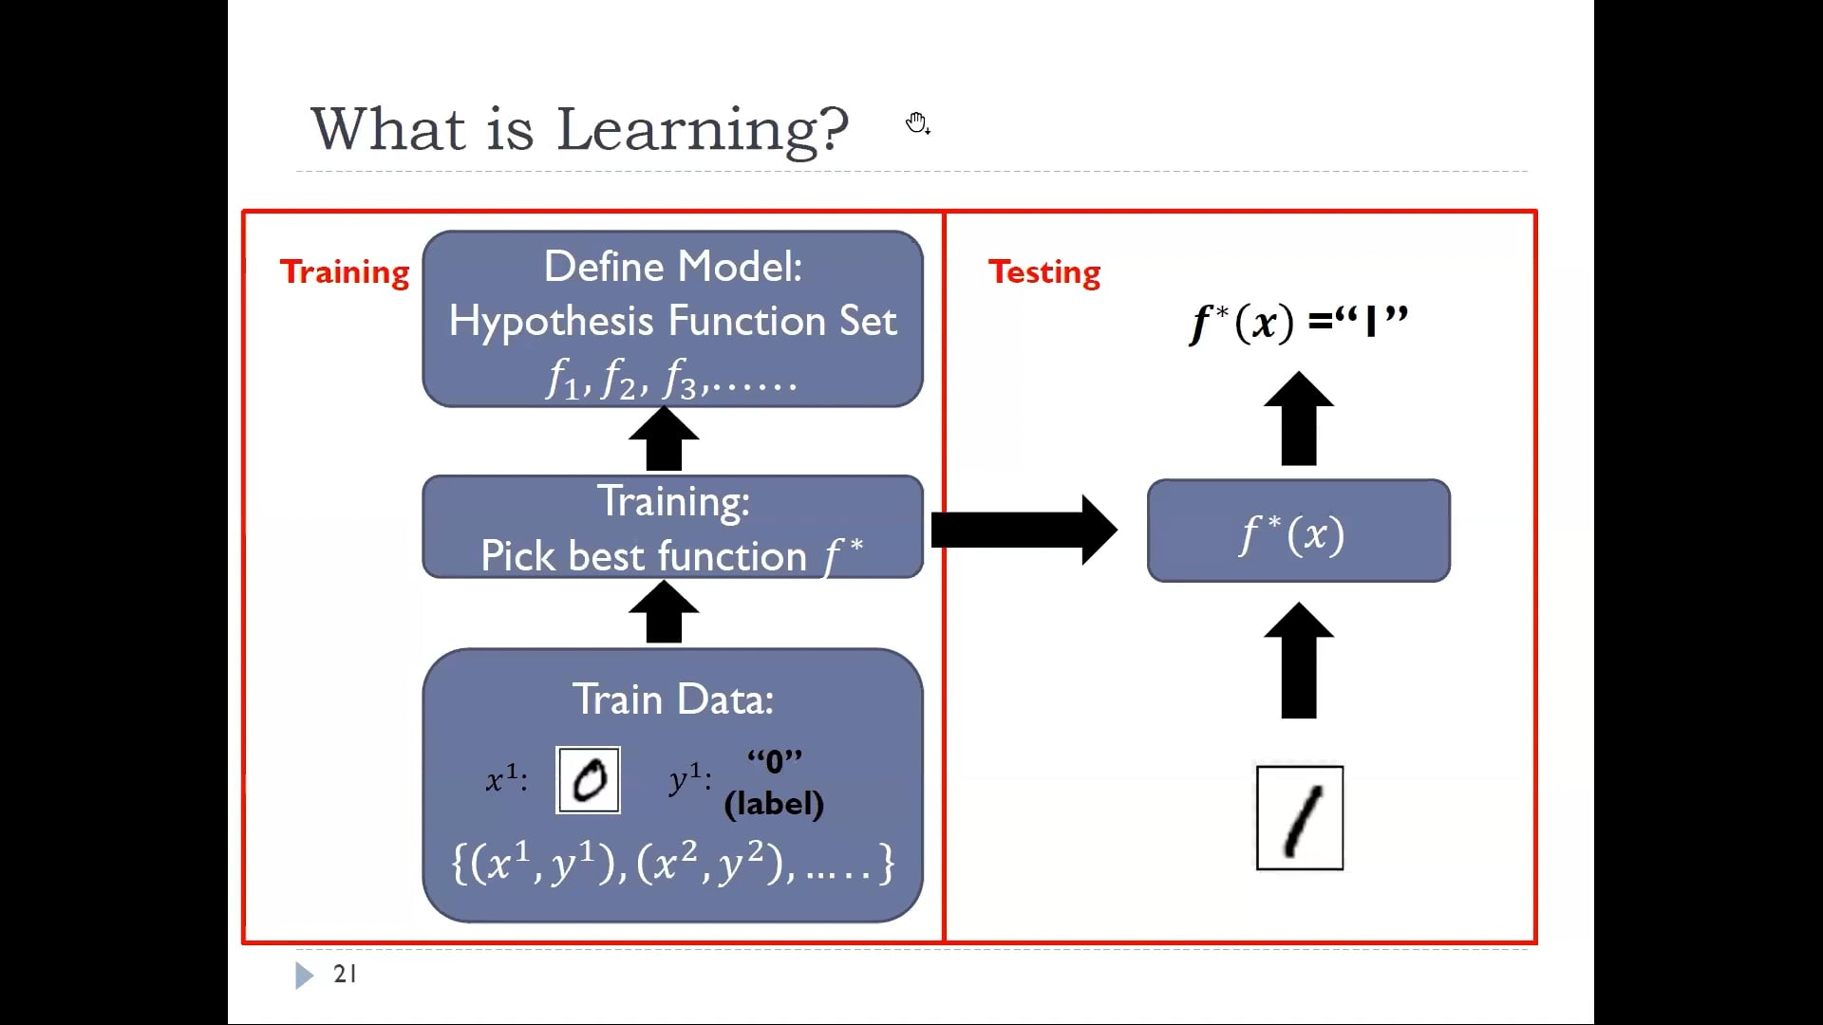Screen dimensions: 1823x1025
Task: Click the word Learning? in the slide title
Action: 702,130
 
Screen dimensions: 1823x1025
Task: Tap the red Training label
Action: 345,272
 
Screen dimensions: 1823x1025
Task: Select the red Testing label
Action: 1044,272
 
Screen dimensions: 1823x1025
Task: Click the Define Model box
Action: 672,319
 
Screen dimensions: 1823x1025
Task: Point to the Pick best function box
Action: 672,528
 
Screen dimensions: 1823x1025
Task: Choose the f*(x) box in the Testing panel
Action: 1299,531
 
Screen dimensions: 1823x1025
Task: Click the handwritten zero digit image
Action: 589,780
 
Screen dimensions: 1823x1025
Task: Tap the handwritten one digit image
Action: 1300,817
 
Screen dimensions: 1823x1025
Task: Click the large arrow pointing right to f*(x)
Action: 1024,530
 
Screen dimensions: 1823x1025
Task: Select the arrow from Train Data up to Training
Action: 664,612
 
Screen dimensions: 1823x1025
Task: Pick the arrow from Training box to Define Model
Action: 664,438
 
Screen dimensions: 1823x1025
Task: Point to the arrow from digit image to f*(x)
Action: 1299,661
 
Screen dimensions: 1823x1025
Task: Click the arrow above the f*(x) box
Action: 1299,419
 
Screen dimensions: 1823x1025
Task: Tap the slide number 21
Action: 345,974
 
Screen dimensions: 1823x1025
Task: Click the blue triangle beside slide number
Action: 304,975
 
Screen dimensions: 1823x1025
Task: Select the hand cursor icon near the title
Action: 917,123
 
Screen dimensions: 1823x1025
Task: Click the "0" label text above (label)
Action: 775,761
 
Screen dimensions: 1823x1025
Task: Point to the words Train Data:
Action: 673,699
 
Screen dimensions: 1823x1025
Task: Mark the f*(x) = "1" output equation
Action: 1299,323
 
